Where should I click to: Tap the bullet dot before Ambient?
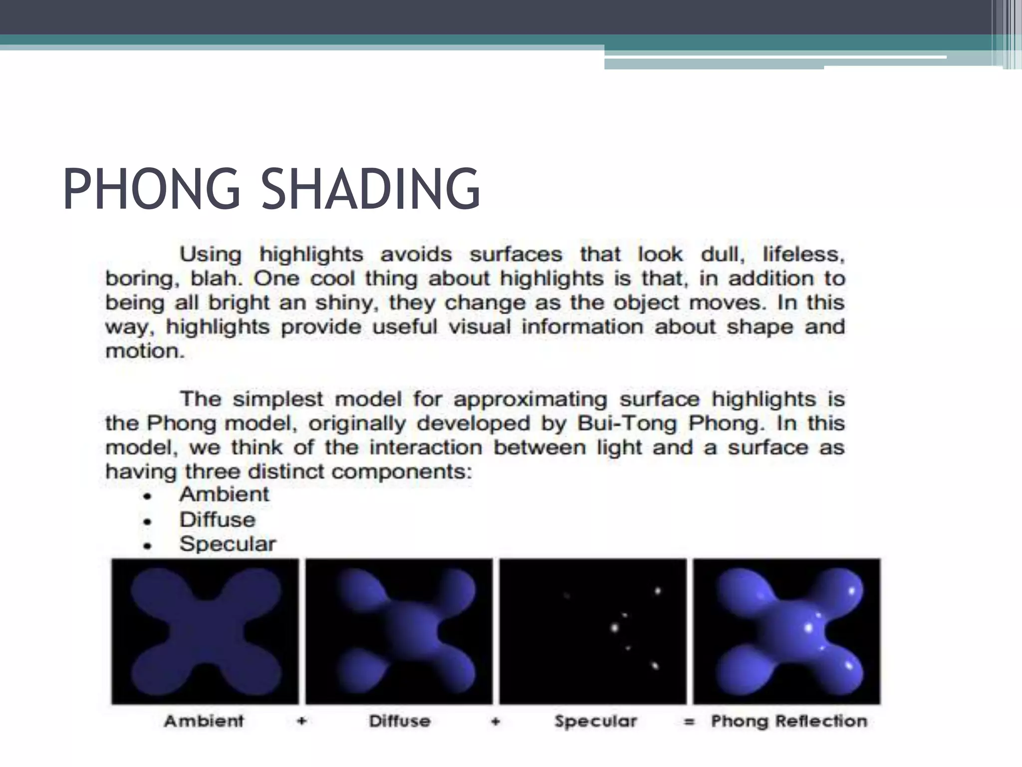(147, 496)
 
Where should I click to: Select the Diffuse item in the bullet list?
(218, 520)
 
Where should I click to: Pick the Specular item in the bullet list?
(228, 544)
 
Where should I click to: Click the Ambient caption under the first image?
(204, 721)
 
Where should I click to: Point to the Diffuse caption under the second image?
(400, 721)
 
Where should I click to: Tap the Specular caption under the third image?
(596, 721)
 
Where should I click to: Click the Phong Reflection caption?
(789, 721)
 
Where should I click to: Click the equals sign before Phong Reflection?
(689, 722)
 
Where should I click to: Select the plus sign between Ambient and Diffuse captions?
(301, 721)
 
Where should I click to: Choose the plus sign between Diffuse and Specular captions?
(496, 721)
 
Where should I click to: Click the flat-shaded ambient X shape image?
(205, 631)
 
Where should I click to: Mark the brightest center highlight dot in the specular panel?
(615, 627)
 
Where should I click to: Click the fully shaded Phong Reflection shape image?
(787, 631)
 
